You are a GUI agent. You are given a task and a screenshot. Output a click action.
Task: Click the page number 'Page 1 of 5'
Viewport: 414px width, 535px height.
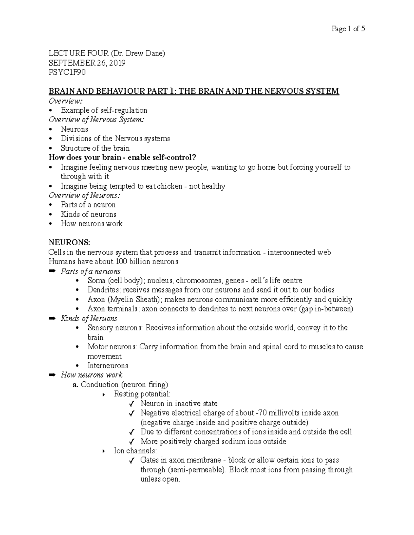[x=348, y=29]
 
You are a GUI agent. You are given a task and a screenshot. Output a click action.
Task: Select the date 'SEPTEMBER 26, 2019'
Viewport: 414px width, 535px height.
[x=87, y=63]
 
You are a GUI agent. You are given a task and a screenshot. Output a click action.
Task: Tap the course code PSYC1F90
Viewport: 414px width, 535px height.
[x=67, y=72]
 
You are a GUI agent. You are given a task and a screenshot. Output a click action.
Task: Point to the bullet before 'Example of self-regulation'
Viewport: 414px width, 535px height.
[x=51, y=111]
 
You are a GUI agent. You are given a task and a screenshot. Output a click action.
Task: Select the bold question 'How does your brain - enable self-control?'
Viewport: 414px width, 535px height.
[x=122, y=158]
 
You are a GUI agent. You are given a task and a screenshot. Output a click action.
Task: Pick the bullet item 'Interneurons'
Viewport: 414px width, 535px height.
[x=108, y=366]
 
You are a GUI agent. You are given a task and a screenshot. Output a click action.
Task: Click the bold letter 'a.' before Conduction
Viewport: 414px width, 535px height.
[x=75, y=385]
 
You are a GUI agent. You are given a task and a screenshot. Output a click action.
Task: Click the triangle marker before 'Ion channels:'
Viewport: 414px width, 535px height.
[x=104, y=451]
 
